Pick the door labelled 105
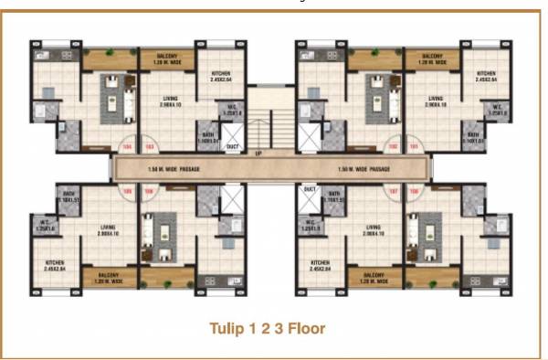click(x=127, y=191)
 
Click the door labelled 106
click(x=152, y=191)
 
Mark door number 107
click(x=394, y=191)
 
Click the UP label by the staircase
click(x=259, y=153)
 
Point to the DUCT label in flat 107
click(x=310, y=189)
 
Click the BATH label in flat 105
click(x=68, y=196)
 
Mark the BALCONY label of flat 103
click(x=166, y=58)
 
